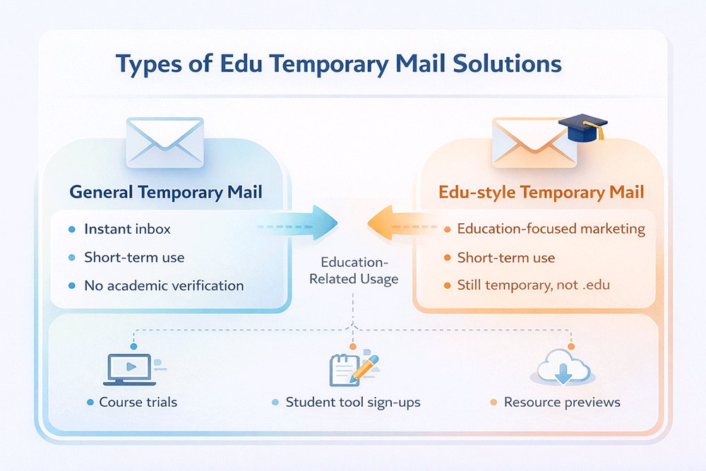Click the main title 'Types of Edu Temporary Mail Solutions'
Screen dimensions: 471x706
coord(339,64)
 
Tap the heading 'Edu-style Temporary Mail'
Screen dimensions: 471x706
coord(542,192)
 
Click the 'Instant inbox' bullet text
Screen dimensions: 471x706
coord(127,229)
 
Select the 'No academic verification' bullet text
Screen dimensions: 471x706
coord(164,286)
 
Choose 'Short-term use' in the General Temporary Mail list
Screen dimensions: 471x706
coord(134,257)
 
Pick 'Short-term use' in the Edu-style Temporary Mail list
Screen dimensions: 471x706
coord(506,257)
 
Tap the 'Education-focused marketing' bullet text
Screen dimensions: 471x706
coord(551,229)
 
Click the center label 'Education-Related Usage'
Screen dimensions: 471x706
coord(354,271)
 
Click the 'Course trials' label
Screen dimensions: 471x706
coord(138,403)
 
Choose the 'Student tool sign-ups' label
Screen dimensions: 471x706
coord(353,403)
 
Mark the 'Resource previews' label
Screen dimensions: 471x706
coord(562,403)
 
